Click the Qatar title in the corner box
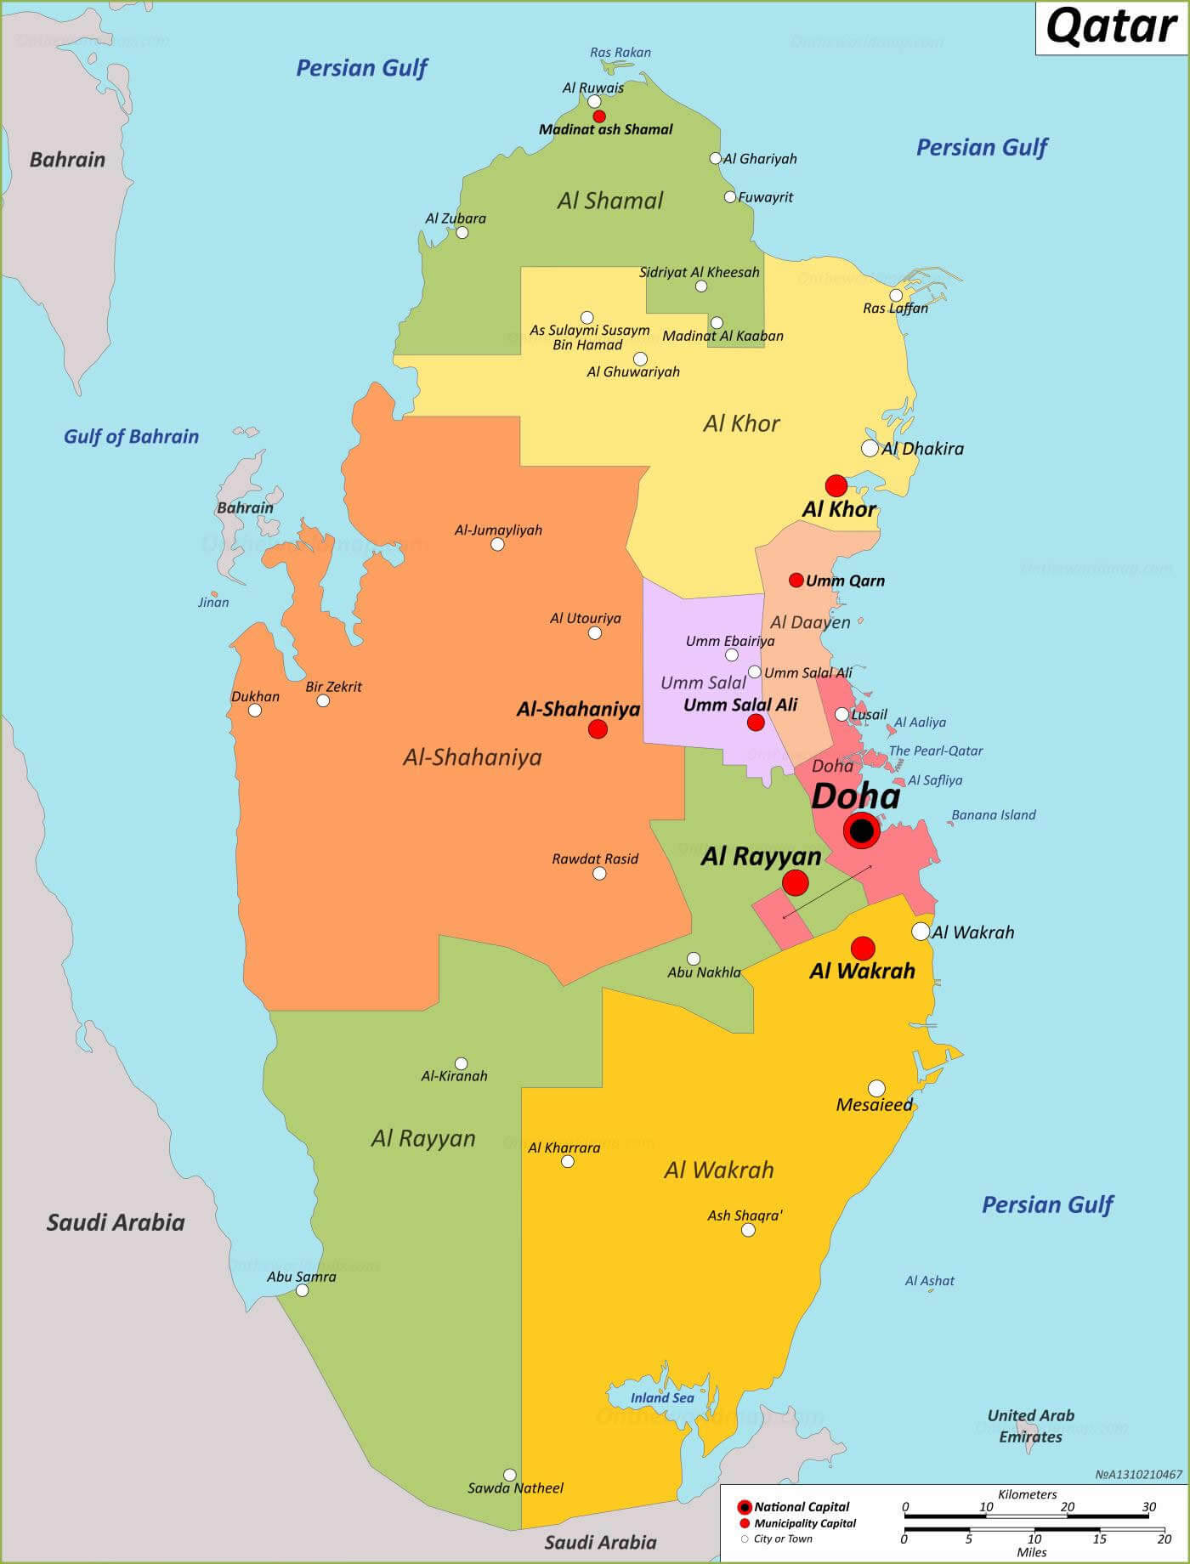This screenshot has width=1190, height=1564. [1111, 27]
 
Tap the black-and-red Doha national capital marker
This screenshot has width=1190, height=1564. [862, 830]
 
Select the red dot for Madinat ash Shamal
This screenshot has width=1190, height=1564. [599, 116]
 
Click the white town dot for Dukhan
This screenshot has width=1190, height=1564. [255, 710]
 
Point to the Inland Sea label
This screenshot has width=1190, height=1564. [662, 1397]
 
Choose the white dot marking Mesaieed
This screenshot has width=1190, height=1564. [876, 1088]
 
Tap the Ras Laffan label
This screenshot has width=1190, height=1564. [895, 309]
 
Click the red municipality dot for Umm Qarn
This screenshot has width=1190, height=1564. [796, 580]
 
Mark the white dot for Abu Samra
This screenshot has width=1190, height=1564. [302, 1290]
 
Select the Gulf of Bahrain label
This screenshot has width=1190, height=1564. [131, 436]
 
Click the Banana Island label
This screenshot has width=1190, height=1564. [993, 814]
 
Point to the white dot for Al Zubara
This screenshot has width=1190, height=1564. [462, 232]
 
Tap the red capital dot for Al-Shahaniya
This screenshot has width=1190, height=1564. [598, 728]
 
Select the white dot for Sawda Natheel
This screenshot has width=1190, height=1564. [510, 1475]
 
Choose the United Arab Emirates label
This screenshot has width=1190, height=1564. [1030, 1425]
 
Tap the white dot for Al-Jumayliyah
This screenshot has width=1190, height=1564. [498, 544]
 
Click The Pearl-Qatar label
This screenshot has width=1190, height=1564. [935, 751]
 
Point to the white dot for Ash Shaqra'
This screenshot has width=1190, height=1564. [748, 1230]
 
